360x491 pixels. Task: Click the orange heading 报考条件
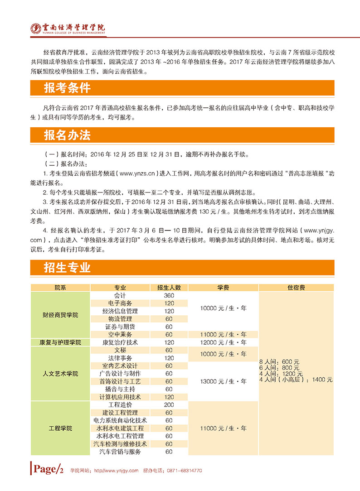click(68, 88)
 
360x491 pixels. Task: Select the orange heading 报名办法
click(68, 135)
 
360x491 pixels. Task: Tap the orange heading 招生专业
click(68, 267)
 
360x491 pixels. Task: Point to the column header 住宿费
click(296, 288)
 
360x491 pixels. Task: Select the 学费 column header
click(223, 288)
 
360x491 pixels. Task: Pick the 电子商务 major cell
click(120, 303)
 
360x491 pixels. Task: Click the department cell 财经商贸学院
click(60, 315)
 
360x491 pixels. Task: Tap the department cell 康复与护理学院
click(60, 342)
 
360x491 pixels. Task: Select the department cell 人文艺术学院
click(60, 374)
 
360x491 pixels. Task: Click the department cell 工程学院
click(60, 428)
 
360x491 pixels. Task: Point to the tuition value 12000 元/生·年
click(223, 342)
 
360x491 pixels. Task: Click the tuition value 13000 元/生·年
click(223, 381)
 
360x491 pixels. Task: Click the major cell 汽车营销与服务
click(120, 452)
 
